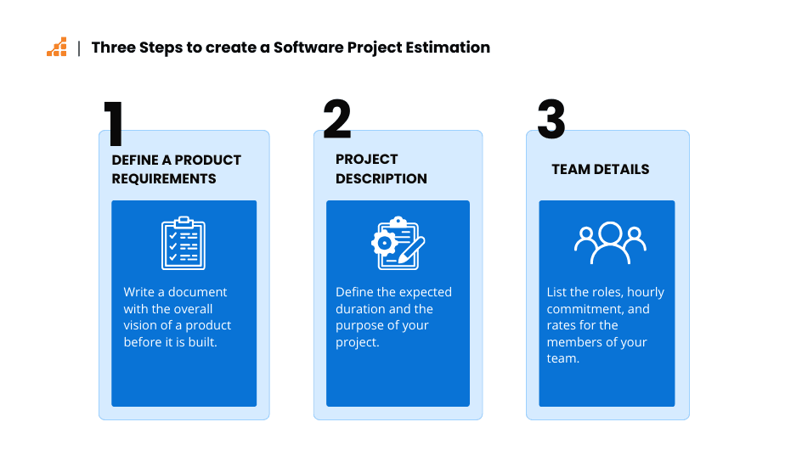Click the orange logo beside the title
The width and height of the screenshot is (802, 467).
tap(57, 47)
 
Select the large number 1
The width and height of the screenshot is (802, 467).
tap(114, 123)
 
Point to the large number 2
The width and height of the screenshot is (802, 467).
tap(337, 119)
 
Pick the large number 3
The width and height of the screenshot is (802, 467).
tap(551, 119)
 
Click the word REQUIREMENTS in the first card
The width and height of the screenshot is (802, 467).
tap(164, 179)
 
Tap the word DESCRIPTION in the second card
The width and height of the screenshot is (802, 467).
tap(381, 179)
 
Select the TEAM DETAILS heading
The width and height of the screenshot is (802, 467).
tap(601, 169)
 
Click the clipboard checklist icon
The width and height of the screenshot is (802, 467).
tap(184, 243)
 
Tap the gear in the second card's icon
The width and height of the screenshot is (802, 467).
tap(384, 243)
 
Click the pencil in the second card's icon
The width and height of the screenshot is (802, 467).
tap(411, 250)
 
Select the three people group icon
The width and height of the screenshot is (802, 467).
tap(610, 243)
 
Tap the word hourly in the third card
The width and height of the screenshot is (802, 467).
tap(646, 293)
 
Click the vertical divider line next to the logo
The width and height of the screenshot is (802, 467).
tap(79, 48)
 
